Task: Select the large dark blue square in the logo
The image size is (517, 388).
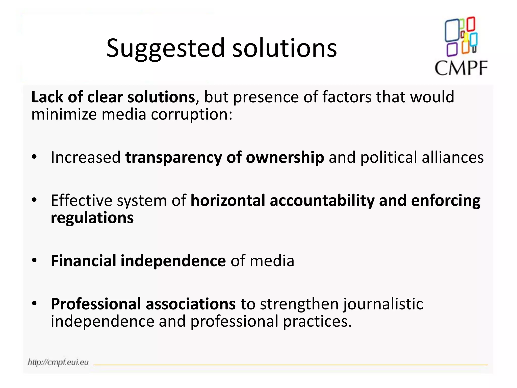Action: (x=452, y=30)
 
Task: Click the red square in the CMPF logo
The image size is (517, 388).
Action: (x=471, y=24)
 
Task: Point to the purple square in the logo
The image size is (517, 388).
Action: (x=452, y=50)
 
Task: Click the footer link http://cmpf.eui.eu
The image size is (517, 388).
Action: (x=58, y=362)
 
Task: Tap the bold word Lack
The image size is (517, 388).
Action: (x=47, y=97)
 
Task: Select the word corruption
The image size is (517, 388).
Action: (x=191, y=114)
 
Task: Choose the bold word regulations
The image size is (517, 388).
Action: (x=92, y=218)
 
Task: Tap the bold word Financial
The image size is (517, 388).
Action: (x=83, y=261)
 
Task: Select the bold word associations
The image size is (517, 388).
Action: (x=191, y=304)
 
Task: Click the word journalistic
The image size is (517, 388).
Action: (x=383, y=304)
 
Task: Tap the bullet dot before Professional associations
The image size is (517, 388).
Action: (x=34, y=303)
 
